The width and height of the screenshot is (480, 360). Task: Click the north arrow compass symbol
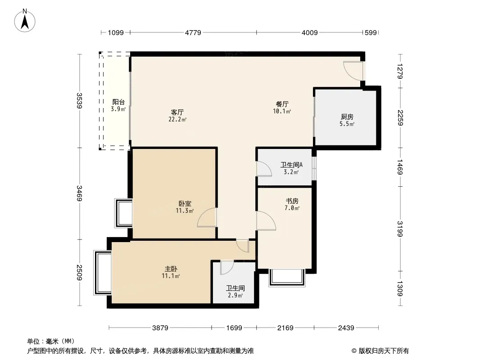25,21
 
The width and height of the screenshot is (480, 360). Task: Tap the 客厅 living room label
177,112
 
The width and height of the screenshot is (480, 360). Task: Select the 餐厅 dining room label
282,104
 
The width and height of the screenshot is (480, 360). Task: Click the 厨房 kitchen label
347,117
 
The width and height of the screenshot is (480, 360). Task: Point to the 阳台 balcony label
118,102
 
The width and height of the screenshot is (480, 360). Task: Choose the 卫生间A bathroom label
291,165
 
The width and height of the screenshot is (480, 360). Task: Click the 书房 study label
292,201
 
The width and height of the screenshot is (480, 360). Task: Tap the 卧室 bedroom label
185,203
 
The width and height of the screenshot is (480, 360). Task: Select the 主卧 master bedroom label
171,269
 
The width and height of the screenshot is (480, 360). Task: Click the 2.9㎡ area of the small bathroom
235,296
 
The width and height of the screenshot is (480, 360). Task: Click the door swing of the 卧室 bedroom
207,217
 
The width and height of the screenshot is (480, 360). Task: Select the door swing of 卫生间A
264,169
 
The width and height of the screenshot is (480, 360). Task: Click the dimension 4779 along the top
193,32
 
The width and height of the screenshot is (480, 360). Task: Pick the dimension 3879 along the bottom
160,328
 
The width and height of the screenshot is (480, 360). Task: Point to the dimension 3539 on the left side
80,101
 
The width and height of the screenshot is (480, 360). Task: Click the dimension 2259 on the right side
400,118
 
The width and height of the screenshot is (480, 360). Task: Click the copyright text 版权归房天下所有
384,351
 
